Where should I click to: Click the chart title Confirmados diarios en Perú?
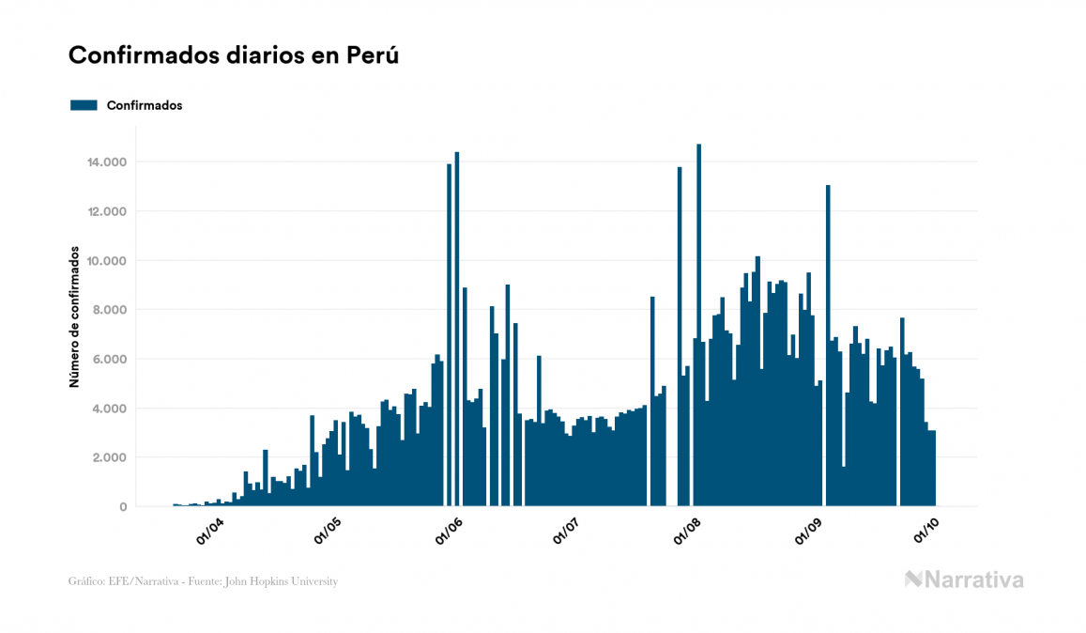click(234, 55)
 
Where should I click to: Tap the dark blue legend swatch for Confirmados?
click(84, 105)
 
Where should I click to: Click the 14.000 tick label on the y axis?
click(105, 162)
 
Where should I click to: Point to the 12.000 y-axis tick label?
click(105, 211)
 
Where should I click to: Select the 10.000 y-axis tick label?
click(105, 261)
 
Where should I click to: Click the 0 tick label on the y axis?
click(123, 507)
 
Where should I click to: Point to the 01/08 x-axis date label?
click(688, 532)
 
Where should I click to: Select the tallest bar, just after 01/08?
click(698, 329)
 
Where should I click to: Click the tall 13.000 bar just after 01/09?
click(828, 347)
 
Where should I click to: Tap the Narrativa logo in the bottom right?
click(964, 579)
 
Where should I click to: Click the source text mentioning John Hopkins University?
click(203, 581)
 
